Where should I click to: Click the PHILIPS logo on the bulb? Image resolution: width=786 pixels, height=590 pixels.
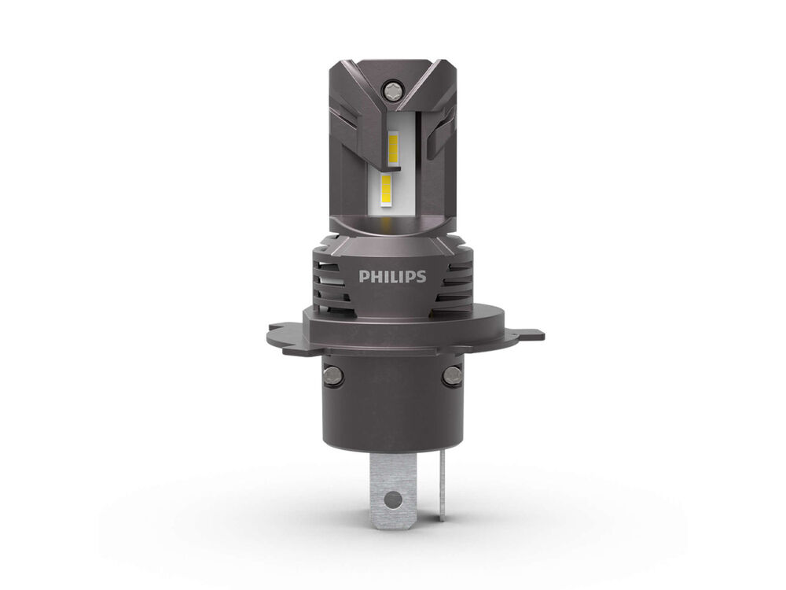pos(392,276)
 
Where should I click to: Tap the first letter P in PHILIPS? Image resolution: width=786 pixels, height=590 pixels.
pos(363,276)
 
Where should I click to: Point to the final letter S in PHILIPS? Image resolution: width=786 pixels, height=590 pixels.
pos(421,276)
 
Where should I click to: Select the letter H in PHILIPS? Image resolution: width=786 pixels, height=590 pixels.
pos(376,276)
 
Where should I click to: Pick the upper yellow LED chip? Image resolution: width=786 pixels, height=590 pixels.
pos(393,149)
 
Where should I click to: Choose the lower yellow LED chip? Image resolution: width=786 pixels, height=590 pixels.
pos(387,192)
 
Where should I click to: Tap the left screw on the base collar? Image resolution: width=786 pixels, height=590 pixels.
pos(332,374)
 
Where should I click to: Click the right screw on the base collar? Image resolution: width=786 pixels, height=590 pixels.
pos(453,374)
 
